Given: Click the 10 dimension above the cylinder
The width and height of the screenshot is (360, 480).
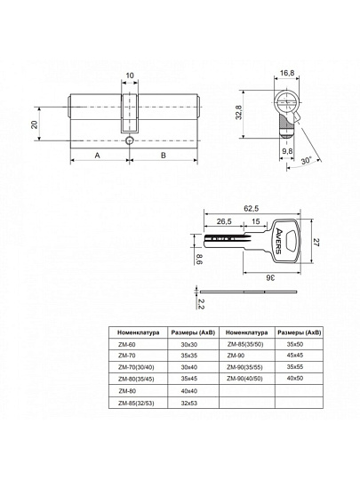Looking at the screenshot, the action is tap(130, 76).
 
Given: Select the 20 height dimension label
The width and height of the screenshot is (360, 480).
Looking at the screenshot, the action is tap(35, 124).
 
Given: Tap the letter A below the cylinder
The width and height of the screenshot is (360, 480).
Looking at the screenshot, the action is tap(98, 156).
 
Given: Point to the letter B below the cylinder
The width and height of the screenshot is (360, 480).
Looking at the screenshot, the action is tap(164, 156).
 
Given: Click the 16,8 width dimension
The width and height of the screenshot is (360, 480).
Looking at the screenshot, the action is tap(287, 73).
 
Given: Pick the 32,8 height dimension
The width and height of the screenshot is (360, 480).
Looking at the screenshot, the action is tap(239, 112).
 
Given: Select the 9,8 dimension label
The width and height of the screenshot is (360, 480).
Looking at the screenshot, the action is tap(287, 151).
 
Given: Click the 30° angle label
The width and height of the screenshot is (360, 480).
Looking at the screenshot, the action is tap(306, 160).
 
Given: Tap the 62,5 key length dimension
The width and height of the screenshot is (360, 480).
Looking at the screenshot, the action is tap(252, 209).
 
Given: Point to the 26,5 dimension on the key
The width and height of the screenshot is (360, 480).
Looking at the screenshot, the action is tap(224, 221).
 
